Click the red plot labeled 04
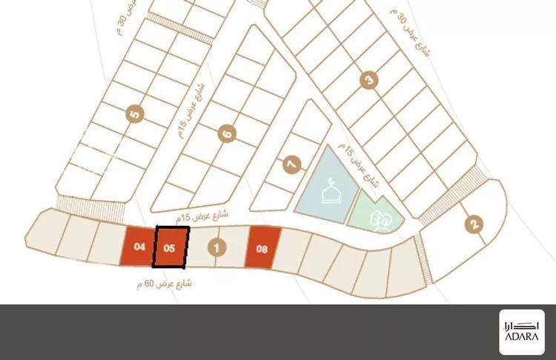pos(137,246)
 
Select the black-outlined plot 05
pos(171,247)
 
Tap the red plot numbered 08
pos(262,249)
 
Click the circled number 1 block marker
pos(216,248)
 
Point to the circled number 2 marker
pos(474,224)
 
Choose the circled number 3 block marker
pos(366,79)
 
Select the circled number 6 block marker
pos(227,134)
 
